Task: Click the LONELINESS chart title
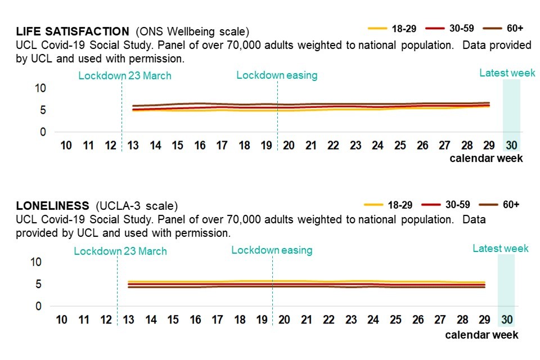(x=52, y=205)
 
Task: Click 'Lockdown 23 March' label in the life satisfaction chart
(x=124, y=75)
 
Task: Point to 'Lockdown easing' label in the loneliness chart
(x=272, y=250)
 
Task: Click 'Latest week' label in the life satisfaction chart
(x=503, y=73)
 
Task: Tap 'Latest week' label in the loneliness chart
(x=501, y=249)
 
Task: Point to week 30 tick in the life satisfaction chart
(x=511, y=146)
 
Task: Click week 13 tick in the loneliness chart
(x=129, y=320)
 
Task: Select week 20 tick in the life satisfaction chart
(x=289, y=146)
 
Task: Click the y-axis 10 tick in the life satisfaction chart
(x=40, y=88)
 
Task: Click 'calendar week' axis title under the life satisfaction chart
(x=486, y=159)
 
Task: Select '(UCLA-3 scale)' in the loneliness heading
(x=137, y=205)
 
